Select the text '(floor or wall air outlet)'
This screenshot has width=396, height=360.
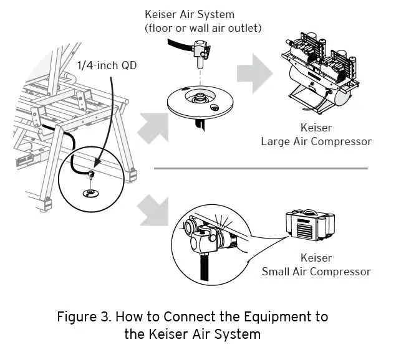click(203, 27)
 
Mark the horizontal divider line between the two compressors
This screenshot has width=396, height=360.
click(261, 168)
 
